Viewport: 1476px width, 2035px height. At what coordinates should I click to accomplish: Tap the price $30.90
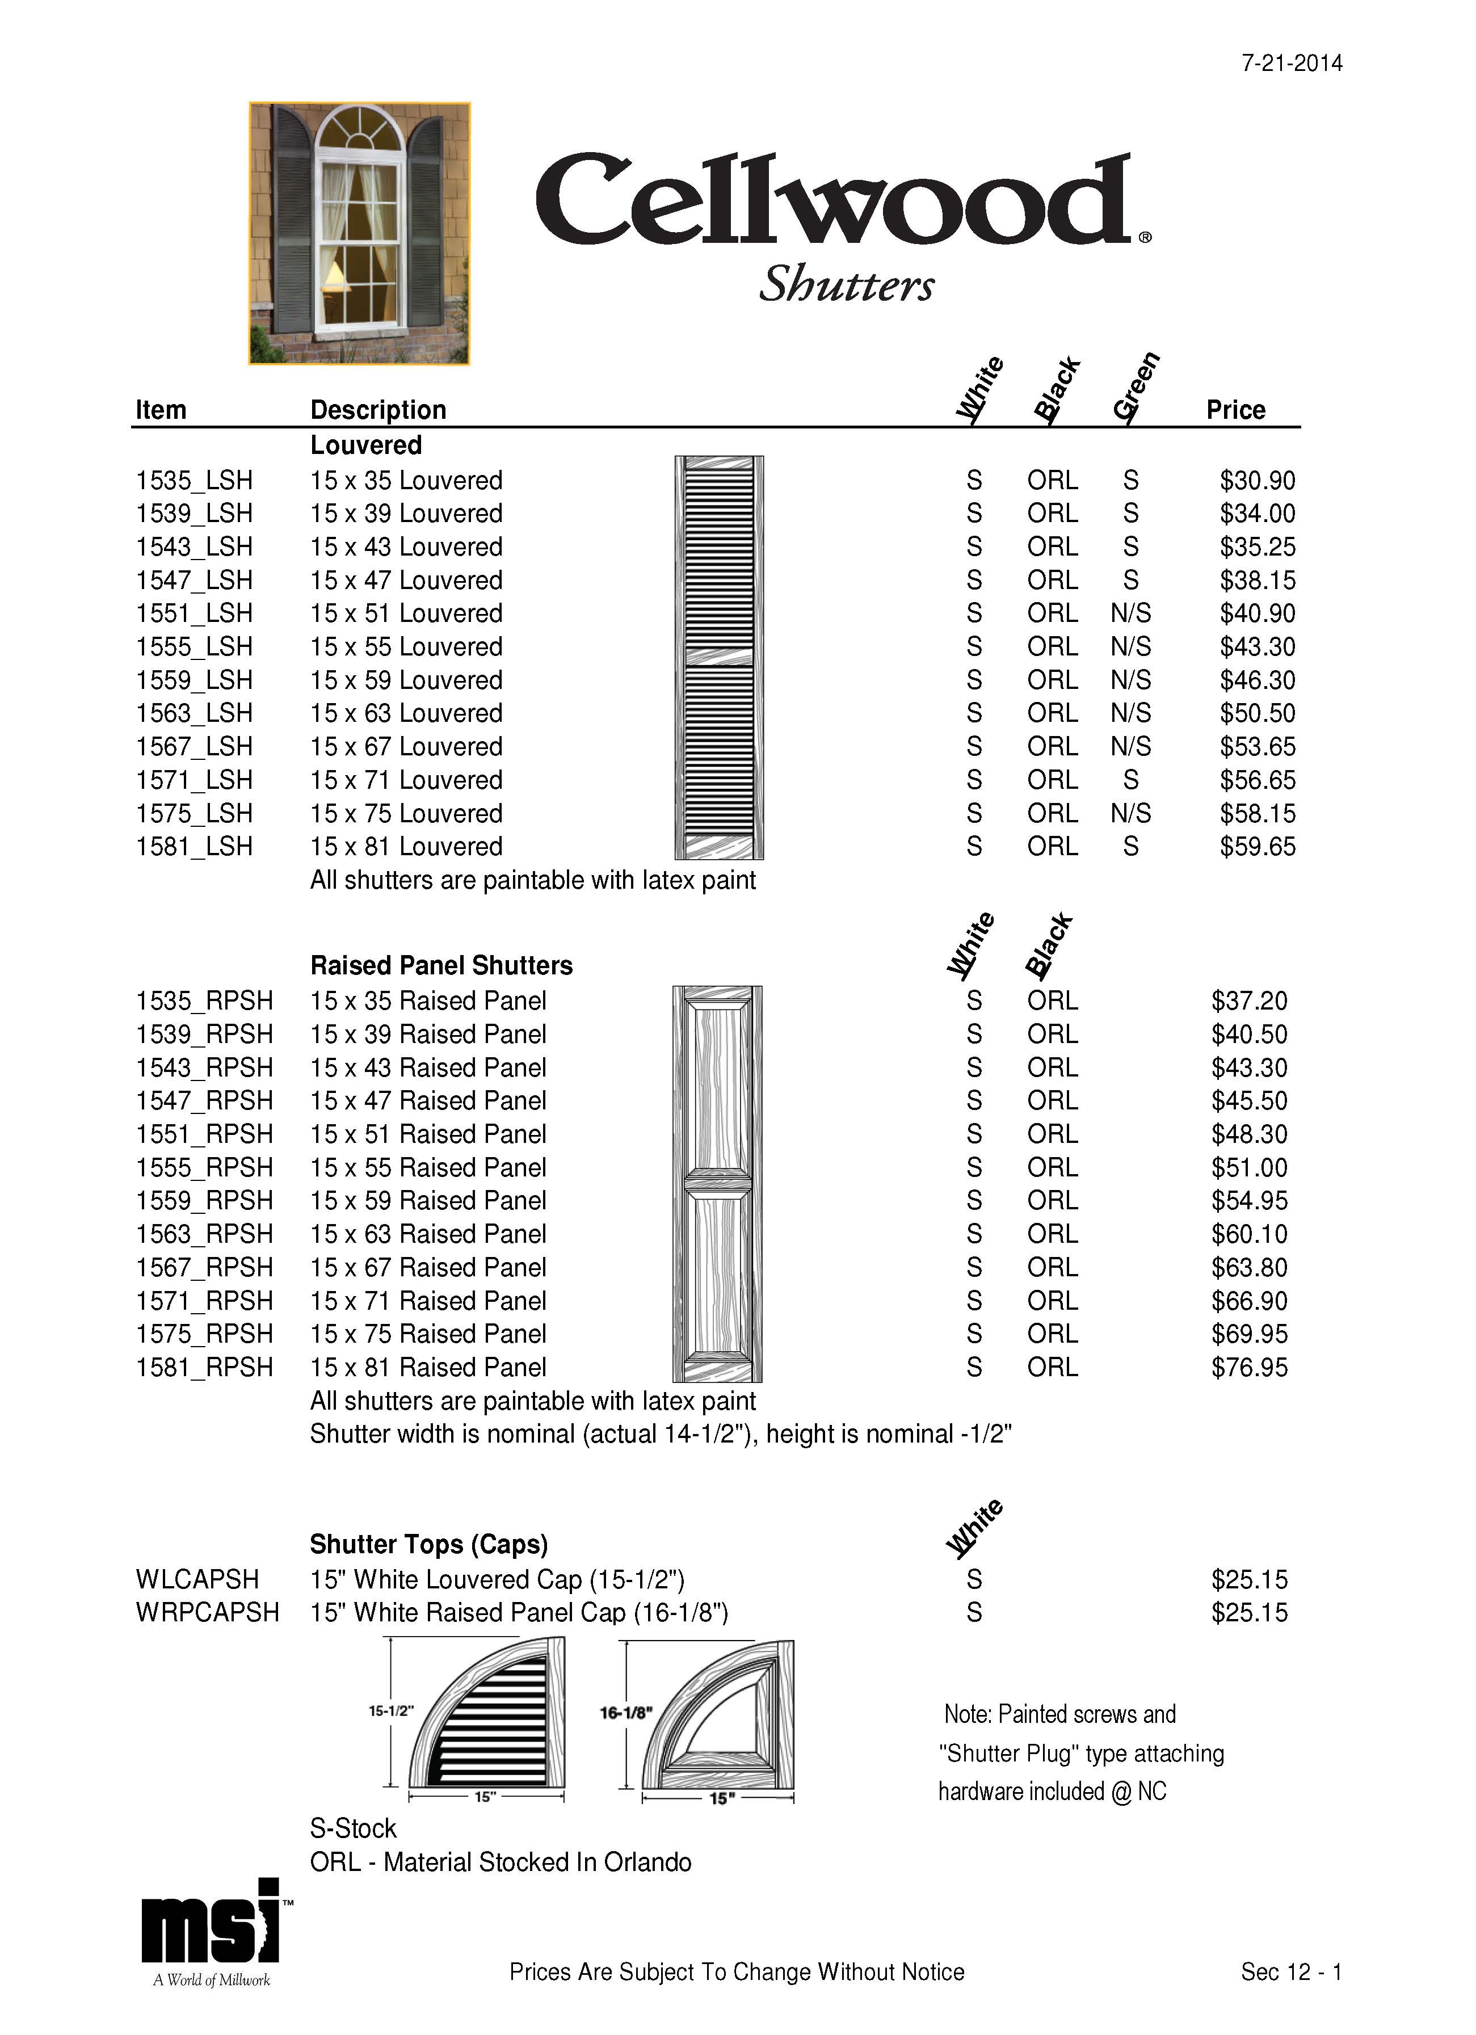[x=1257, y=480]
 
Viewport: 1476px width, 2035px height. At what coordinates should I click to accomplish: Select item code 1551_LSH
[x=194, y=613]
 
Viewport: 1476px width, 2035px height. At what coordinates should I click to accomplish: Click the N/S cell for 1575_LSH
[x=1130, y=813]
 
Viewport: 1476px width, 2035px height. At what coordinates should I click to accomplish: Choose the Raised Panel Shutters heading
[x=440, y=965]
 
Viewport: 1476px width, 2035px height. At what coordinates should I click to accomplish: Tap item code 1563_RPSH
[x=204, y=1234]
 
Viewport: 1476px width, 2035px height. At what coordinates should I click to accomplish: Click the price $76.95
[x=1249, y=1368]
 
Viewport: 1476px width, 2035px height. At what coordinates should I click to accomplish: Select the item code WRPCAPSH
[x=207, y=1612]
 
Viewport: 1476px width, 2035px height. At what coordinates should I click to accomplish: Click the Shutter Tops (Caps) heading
[x=428, y=1544]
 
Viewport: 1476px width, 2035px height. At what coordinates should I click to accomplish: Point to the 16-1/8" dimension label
[x=624, y=1713]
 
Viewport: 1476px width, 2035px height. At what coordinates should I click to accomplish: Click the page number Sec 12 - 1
[x=1291, y=1971]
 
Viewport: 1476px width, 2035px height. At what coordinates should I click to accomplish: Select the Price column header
[x=1235, y=410]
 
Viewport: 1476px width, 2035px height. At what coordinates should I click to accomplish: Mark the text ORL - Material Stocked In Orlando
[x=500, y=1862]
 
